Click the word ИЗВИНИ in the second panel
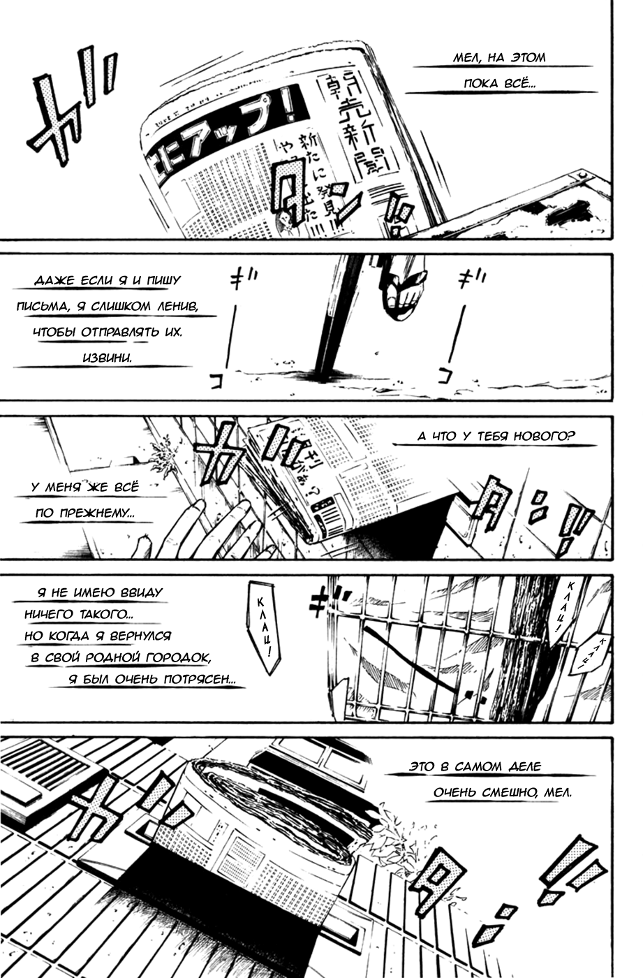coord(106,357)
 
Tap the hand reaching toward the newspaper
coord(202,531)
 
